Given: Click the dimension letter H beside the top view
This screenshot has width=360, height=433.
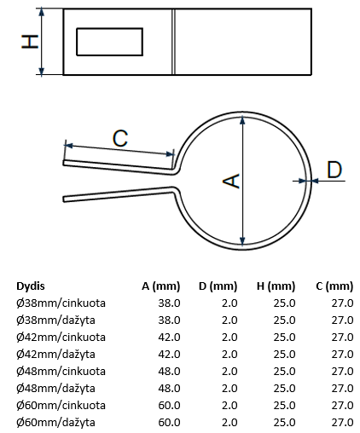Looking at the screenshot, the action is coord(30,42).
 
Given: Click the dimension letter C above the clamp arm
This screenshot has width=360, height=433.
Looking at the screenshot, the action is coord(120,138).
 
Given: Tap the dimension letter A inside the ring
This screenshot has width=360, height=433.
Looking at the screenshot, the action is coord(231,181).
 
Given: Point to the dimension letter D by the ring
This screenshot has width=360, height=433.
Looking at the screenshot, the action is coord(334,170).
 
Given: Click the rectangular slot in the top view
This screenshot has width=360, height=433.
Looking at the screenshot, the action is coord(109,42).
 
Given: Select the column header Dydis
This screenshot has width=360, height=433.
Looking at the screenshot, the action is coord(31,286).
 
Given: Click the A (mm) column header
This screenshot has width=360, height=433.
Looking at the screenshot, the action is coord(161,286).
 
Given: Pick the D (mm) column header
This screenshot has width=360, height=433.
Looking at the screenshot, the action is coord(218,286).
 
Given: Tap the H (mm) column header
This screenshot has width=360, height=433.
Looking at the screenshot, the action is coord(276,286).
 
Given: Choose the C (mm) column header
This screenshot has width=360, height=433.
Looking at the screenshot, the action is coord(334,286).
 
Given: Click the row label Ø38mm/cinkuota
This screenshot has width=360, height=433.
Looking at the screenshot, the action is coord(61,303).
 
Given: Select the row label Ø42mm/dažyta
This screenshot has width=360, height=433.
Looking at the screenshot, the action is coord(55,355).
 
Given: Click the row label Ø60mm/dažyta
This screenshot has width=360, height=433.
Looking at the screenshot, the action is coord(55,423).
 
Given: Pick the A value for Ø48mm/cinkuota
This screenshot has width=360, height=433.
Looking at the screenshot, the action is coord(169,372).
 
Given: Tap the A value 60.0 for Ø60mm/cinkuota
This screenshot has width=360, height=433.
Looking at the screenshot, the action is coord(169,406).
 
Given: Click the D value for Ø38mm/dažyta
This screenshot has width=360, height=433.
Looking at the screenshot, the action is coord(229,320).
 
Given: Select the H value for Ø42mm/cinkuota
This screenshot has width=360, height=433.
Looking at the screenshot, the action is coord(284,338).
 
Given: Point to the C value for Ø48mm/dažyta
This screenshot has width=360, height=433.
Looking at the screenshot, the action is coord(342,389).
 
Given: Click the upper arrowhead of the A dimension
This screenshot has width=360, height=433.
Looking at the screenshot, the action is coord(242,119).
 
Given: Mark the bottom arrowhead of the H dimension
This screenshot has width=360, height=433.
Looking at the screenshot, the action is coord(42,71).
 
